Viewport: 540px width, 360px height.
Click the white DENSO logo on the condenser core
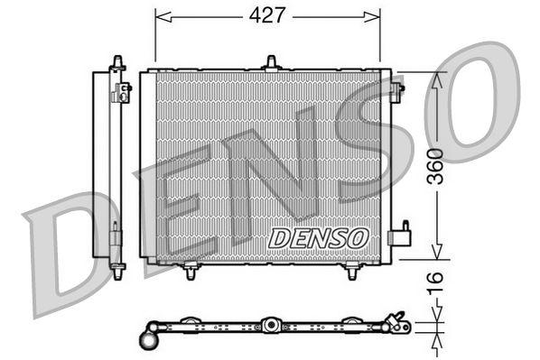coord(320,236)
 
